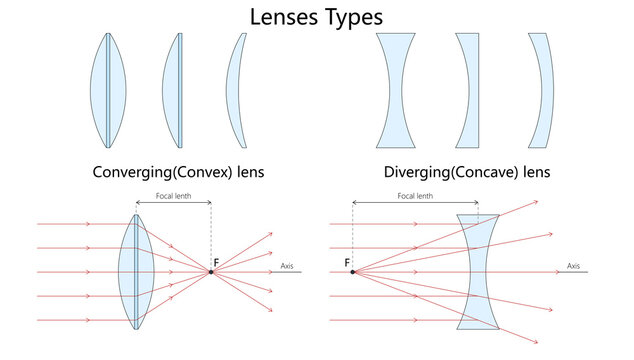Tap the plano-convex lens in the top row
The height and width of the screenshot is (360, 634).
173,91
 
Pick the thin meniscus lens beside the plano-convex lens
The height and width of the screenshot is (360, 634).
235,91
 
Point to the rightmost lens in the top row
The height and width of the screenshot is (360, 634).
541,91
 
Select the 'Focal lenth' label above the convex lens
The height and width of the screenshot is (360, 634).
174,196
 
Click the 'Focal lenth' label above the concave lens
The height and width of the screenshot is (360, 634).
415,196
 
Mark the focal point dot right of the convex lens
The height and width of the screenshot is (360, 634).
211,271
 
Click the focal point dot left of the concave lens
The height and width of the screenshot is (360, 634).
352,271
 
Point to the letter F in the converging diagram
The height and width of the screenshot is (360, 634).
216,263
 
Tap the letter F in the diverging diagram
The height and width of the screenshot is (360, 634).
347,263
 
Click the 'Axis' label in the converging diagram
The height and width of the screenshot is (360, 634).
287,266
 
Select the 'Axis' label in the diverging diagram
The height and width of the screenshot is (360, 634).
573,266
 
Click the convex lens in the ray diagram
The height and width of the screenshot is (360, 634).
133,271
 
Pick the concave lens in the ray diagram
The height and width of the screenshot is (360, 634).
477,271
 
